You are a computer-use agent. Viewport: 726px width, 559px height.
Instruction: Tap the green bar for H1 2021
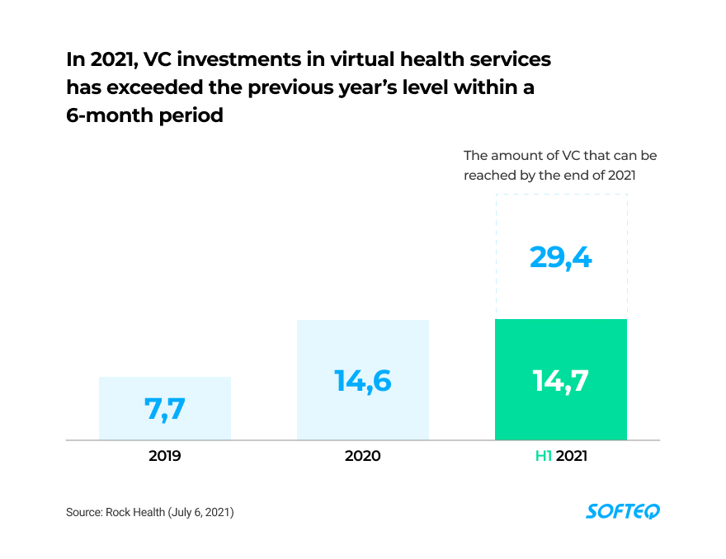tap(561, 412)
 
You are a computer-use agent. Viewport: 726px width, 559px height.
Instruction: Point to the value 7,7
tap(165, 410)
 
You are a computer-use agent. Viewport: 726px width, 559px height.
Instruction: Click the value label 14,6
tap(363, 381)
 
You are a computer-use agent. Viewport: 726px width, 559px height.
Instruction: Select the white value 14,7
tap(561, 381)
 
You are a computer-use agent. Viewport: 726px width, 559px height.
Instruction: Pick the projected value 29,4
tap(561, 258)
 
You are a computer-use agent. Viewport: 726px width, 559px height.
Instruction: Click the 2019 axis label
tap(165, 455)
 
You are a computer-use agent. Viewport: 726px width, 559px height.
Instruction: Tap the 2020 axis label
tap(363, 455)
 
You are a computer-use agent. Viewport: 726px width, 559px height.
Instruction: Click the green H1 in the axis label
tap(544, 455)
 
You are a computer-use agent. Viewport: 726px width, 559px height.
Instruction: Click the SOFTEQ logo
tap(623, 512)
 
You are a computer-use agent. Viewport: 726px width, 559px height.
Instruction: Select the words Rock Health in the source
tap(135, 513)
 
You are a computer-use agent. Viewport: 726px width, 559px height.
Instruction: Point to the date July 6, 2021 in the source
tap(201, 513)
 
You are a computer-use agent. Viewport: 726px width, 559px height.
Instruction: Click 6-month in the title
tap(103, 115)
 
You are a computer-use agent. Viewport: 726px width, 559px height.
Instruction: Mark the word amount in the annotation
tap(513, 155)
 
